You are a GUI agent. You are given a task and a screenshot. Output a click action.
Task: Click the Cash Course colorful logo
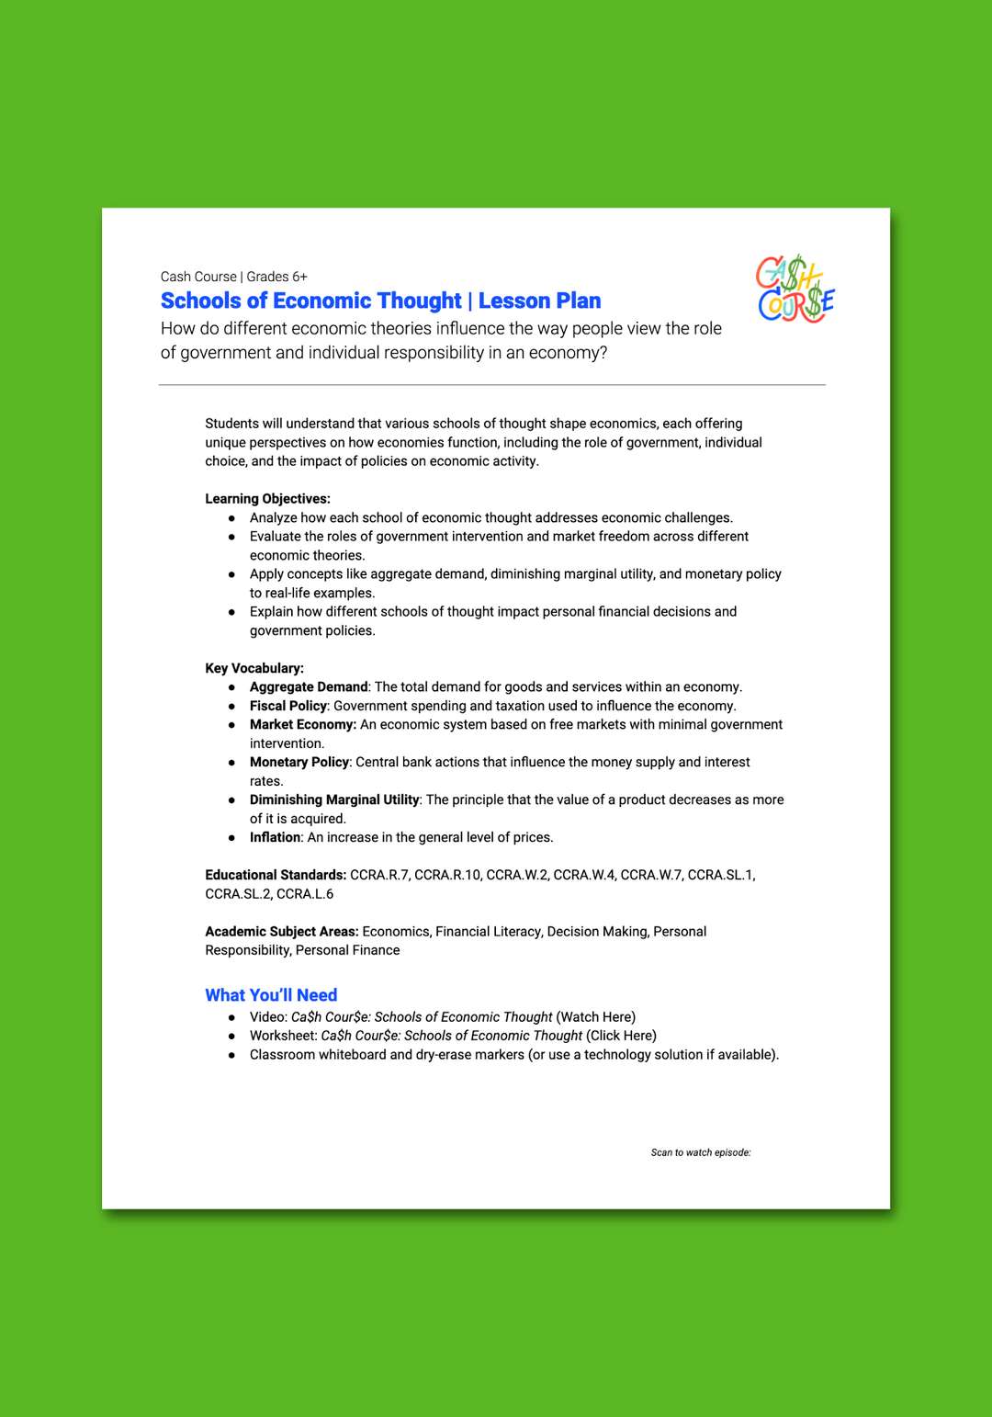click(795, 289)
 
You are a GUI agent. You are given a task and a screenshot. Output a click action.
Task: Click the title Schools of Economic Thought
click(310, 301)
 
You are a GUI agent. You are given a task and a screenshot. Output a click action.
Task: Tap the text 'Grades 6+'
click(276, 277)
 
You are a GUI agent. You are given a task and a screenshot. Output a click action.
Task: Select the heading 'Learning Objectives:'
click(267, 499)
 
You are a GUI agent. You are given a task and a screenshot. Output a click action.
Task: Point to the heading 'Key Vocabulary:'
click(254, 668)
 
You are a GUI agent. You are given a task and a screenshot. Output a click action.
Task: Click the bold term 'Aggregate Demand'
click(309, 687)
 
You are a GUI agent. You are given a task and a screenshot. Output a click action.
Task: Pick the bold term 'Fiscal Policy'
click(288, 706)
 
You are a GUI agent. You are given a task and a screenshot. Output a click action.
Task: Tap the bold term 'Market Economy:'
click(303, 725)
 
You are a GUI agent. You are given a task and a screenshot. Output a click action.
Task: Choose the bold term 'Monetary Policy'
click(299, 763)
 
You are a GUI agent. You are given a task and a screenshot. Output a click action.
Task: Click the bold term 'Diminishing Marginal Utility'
click(334, 800)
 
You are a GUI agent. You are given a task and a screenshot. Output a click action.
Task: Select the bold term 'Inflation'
click(276, 838)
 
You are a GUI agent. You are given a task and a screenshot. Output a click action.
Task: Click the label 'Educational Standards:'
click(276, 876)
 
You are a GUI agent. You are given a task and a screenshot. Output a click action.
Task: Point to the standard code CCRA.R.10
click(447, 876)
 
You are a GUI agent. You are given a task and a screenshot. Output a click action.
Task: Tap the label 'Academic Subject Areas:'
click(282, 932)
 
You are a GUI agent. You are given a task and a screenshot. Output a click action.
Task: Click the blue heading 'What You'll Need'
click(271, 995)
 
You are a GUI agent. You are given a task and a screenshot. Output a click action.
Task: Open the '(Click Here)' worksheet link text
click(622, 1036)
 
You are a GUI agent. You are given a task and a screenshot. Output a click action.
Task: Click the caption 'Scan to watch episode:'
click(701, 1152)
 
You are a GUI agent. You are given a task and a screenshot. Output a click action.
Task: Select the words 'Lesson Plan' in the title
click(540, 301)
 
